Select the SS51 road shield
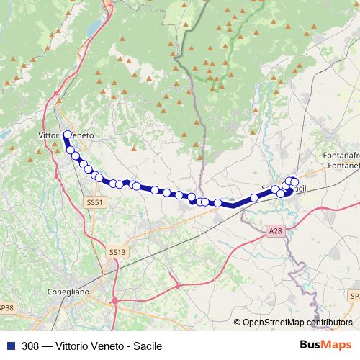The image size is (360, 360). click(94, 203)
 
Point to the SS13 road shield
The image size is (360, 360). click(116, 252)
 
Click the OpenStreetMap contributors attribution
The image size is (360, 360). click(297, 323)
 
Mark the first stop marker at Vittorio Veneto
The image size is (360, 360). click(67, 134)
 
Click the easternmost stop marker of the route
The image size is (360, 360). click(294, 182)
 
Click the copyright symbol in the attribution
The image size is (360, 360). click(238, 323)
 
